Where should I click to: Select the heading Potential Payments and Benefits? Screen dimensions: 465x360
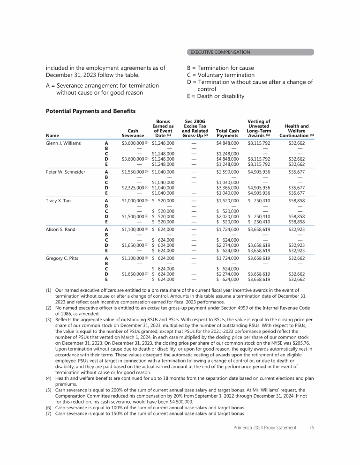90,111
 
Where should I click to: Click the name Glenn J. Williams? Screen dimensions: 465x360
64,143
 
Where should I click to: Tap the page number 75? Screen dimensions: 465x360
312,428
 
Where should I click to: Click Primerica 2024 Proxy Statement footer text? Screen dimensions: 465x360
266,428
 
